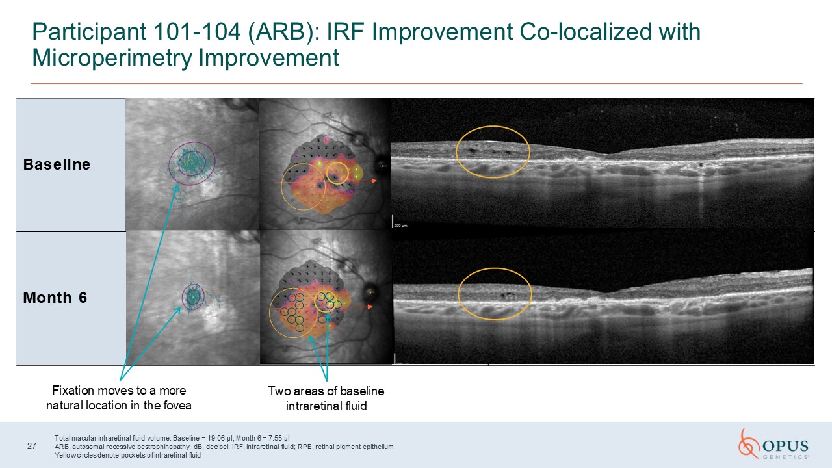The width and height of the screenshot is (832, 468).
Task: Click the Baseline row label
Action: coord(57,164)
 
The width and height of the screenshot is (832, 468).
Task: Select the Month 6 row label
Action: coord(55,298)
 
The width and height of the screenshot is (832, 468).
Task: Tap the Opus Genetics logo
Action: coord(773,445)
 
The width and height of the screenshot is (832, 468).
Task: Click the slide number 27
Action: coord(32,446)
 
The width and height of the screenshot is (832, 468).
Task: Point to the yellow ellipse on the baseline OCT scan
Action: coord(493,127)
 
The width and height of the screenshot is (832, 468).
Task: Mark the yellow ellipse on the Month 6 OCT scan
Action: coord(495,269)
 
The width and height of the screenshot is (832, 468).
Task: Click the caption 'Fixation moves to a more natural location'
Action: coord(119,398)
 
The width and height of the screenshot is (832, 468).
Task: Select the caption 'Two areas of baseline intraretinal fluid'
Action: coord(326,398)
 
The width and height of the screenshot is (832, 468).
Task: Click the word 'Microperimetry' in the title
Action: coord(112,58)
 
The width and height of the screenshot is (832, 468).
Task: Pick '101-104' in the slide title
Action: coord(196,31)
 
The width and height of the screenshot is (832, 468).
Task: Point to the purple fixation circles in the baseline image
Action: coord(169,163)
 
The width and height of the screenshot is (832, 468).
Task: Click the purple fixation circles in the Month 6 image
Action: coord(183,297)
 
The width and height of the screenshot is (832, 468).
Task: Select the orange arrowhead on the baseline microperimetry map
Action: coord(374,181)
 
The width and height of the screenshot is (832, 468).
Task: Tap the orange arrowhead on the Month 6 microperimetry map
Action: coord(370,307)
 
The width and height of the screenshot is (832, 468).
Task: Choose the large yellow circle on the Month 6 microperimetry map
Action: coord(270,314)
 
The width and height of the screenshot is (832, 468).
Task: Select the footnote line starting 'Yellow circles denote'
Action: coord(128,455)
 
